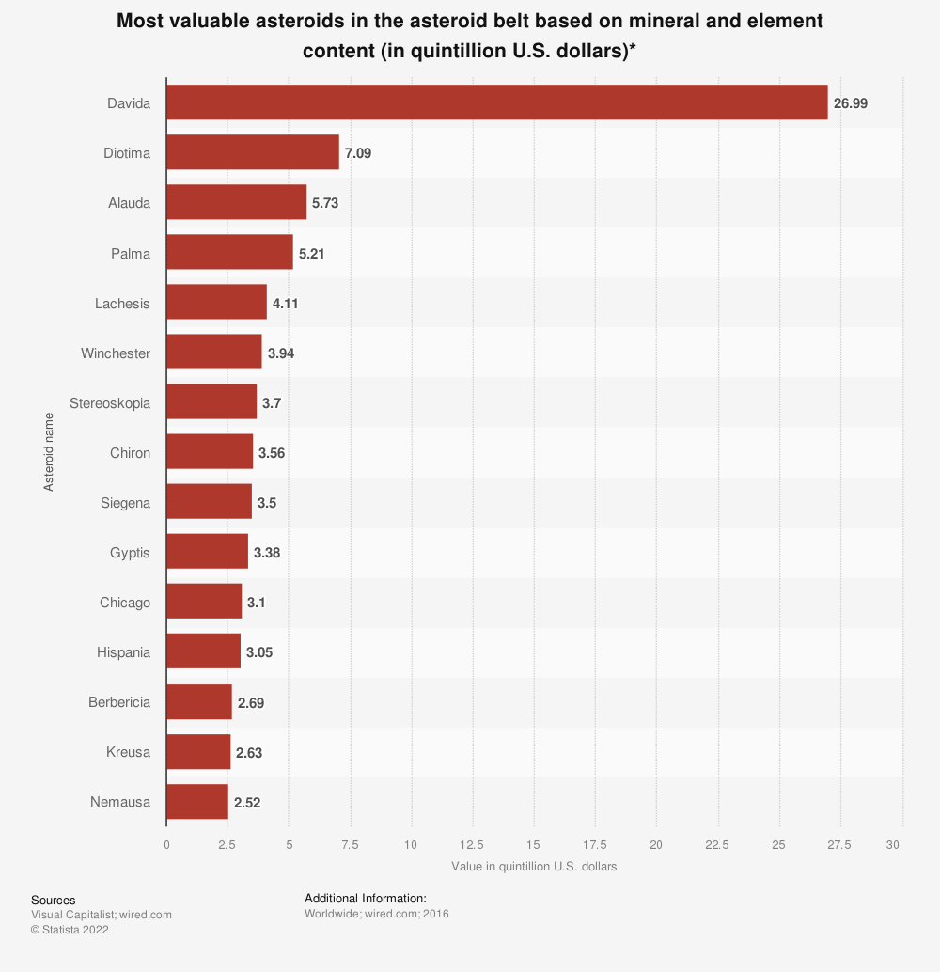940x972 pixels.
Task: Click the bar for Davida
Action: click(496, 102)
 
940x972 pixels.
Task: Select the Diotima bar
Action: click(252, 152)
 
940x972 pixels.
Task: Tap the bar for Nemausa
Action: click(196, 802)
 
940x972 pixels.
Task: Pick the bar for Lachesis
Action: click(216, 303)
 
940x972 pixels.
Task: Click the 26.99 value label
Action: click(851, 103)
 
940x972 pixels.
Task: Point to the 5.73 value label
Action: click(325, 203)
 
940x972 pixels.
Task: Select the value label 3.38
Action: click(267, 553)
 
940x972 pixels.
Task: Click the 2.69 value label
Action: click(251, 702)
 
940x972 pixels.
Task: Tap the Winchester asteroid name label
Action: click(116, 353)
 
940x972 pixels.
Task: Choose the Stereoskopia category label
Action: click(110, 403)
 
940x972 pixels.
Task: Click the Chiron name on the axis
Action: click(130, 453)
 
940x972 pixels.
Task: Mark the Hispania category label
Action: click(123, 652)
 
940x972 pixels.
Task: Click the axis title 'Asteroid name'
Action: click(48, 453)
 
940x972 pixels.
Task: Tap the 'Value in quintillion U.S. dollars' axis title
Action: click(534, 867)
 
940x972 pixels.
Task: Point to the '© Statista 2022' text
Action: click(70, 930)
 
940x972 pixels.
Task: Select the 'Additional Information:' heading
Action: click(366, 898)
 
